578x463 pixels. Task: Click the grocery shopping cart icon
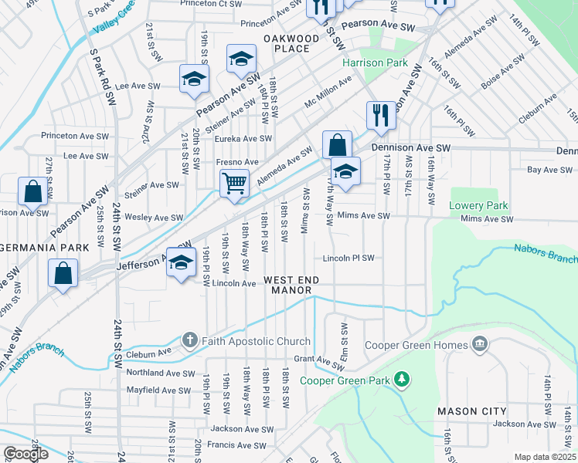point(234,184)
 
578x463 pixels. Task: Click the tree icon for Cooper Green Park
point(401,380)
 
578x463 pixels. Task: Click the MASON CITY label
point(472,411)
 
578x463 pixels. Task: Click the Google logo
point(25,454)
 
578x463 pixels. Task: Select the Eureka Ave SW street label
point(243,139)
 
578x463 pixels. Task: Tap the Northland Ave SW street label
point(160,373)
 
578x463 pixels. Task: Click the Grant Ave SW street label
point(318,359)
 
